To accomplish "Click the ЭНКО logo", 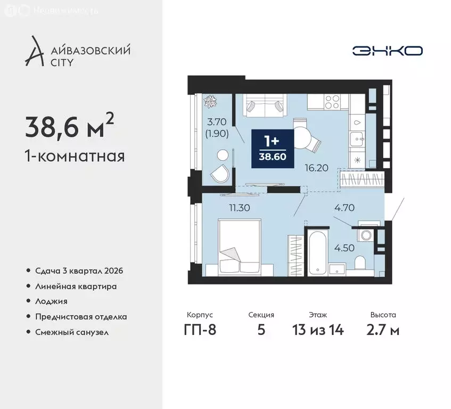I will (x=387, y=51).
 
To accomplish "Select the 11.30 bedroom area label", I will (x=240, y=208).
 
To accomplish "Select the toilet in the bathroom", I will (x=359, y=264).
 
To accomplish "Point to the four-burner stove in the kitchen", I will (x=333, y=102).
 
